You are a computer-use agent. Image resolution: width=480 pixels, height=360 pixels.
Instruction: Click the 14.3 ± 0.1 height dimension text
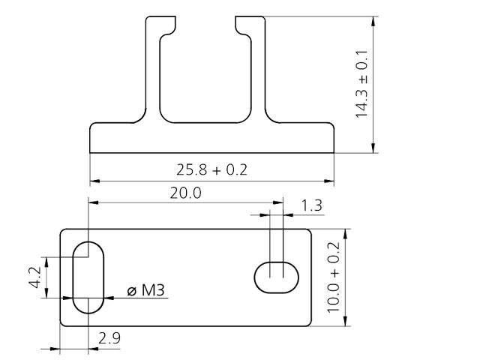pos(362,84)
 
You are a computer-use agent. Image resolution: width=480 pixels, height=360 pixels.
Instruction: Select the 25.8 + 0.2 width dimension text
pos(212,169)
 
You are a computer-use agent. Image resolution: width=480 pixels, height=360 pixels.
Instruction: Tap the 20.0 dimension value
pos(185,192)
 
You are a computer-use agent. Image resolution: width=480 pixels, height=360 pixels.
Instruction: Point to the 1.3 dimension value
pos(312,205)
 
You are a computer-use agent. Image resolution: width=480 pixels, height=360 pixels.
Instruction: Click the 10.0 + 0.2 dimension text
pos(334,277)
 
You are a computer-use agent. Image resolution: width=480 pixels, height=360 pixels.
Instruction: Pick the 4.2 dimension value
pos(34,278)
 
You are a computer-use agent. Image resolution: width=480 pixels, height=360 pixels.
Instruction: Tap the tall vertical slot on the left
pos(88,277)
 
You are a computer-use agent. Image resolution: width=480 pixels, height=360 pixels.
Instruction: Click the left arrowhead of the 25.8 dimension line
pos(94,181)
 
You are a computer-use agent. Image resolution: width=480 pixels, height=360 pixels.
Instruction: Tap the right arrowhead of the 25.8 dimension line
pos(331,181)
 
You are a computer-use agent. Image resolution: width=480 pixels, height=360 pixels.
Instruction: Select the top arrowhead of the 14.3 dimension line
pos(373,20)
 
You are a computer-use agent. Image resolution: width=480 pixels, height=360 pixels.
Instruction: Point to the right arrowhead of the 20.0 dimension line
pos(279,202)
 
